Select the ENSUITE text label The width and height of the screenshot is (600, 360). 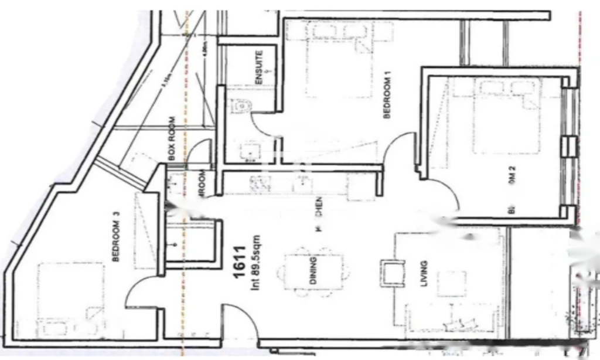pyautogui.click(x=259, y=67)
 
